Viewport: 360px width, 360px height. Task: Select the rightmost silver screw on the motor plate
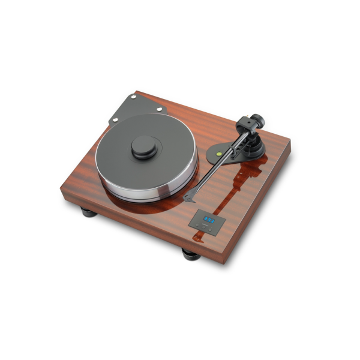[160, 110]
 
